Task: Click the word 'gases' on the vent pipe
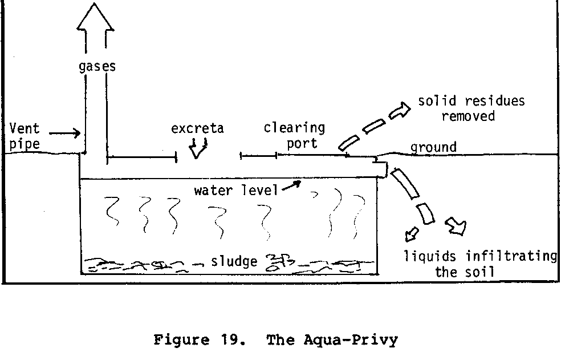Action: tap(97, 66)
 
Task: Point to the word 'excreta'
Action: tap(197, 128)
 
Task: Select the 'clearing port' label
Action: tap(294, 135)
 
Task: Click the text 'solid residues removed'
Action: tap(471, 108)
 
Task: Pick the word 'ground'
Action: tap(433, 147)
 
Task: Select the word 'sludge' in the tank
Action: tap(234, 262)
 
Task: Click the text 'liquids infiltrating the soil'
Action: tap(480, 264)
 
